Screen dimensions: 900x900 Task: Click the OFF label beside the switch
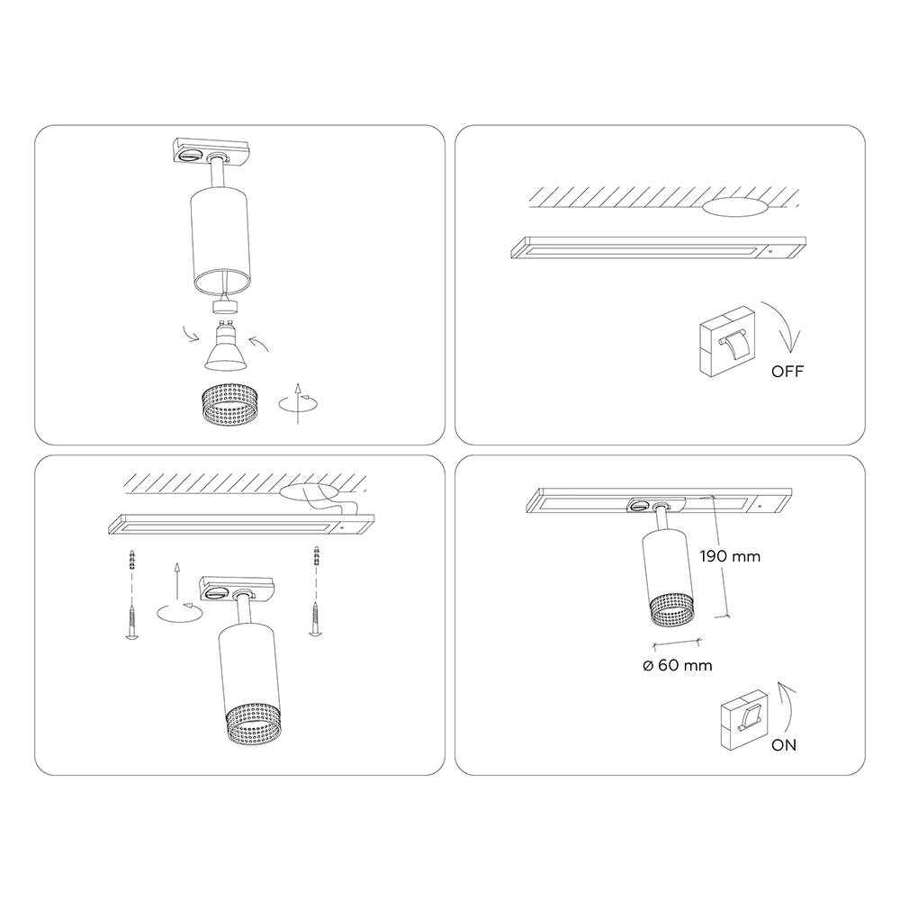[x=787, y=372]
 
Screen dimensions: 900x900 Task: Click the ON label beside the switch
[x=784, y=745]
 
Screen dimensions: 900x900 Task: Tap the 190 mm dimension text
[x=730, y=556]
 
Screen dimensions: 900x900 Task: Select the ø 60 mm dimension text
[x=678, y=665]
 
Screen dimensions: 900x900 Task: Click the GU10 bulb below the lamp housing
[x=226, y=347]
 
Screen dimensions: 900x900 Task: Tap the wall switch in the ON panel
[x=744, y=720]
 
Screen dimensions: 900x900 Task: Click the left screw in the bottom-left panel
[x=132, y=622]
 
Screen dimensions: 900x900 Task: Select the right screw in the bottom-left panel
[x=314, y=618]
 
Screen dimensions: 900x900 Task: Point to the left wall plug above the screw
[x=132, y=560]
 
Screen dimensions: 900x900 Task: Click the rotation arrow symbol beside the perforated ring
[x=298, y=403]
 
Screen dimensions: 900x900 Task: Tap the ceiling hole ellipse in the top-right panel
[x=734, y=207]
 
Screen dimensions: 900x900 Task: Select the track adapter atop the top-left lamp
[x=211, y=151]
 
